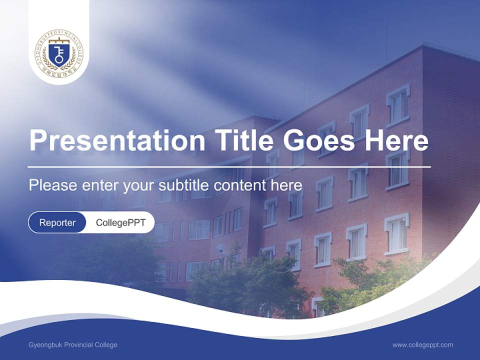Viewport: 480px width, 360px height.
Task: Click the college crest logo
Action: click(59, 53)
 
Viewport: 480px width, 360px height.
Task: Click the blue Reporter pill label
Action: click(57, 222)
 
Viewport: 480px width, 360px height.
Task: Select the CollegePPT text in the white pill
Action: click(120, 222)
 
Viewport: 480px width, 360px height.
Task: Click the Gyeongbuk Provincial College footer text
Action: click(73, 345)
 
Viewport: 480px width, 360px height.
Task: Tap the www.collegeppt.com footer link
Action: click(422, 345)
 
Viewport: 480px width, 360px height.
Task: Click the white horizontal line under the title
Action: click(229, 167)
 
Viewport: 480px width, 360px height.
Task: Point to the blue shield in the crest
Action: click(59, 55)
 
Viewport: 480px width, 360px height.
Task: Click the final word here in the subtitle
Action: click(287, 185)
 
